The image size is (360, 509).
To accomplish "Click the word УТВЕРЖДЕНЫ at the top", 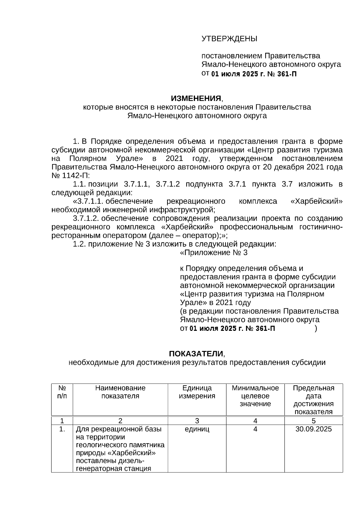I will (x=229, y=39).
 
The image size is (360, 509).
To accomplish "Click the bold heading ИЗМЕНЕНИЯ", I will (x=196, y=98).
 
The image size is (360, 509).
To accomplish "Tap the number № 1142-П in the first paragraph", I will (x=68, y=175).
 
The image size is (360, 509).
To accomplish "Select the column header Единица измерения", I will (x=197, y=392).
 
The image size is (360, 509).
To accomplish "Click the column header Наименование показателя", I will (x=120, y=392).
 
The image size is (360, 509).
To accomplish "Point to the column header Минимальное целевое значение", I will (x=255, y=396).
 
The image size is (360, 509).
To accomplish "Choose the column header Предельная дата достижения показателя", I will (x=313, y=400).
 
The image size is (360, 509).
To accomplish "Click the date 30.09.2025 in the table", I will (x=313, y=429).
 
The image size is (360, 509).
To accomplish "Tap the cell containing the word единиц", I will (x=197, y=429).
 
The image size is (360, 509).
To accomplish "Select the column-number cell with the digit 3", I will (x=197, y=421).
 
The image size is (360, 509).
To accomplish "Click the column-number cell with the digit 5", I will (x=313, y=421).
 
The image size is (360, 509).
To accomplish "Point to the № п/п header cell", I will (x=62, y=392).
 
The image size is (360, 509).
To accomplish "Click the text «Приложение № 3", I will (x=214, y=253).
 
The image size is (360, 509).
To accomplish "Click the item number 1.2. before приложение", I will (x=79, y=244).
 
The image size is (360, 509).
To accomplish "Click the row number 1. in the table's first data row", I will (x=62, y=429).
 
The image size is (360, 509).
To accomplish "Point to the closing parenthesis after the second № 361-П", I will (x=316, y=328).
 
